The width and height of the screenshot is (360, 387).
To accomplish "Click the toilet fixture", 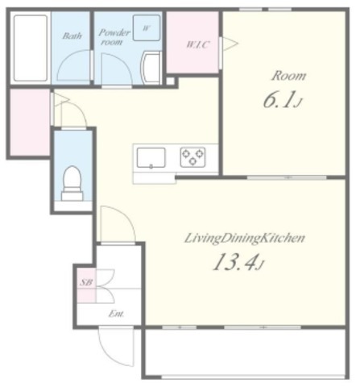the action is click(72, 183).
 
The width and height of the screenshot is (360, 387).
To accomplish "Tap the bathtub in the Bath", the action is click(31, 48).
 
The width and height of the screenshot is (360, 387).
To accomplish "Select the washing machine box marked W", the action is click(147, 28).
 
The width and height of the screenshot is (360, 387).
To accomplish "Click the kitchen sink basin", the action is click(151, 158).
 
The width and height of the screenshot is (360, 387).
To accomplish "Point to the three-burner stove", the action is click(192, 157).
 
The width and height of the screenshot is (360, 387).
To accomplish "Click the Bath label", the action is click(72, 35).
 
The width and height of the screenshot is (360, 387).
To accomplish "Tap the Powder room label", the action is click(114, 37).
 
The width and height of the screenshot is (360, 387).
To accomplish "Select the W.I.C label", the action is click(198, 44).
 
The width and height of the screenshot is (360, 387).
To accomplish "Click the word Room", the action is click(289, 76).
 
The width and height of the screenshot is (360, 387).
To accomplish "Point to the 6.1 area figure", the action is click(283, 100).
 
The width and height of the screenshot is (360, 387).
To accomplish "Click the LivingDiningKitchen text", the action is click(245, 239).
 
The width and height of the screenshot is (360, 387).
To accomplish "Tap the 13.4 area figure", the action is click(238, 262).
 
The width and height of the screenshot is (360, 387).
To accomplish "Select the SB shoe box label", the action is click(86, 282).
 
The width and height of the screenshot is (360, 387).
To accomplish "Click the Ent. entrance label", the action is click(117, 314).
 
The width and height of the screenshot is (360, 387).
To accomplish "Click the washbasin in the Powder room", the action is click(151, 67).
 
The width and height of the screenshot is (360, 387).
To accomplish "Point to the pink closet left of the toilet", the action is click(30, 123).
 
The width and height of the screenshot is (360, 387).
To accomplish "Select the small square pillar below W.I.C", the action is click(170, 81).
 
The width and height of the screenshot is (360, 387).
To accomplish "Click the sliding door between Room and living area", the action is click(287, 177).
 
